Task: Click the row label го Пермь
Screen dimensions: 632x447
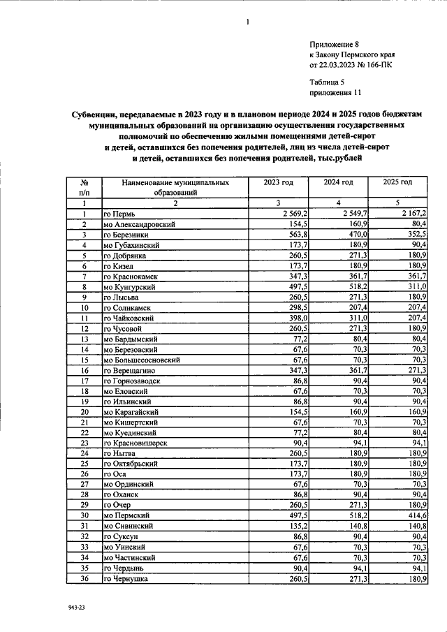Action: (x=124, y=213)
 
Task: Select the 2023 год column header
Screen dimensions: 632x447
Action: (x=278, y=182)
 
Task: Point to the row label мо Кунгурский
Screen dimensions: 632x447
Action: (x=131, y=287)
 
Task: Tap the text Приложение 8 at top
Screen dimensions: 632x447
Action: (x=335, y=43)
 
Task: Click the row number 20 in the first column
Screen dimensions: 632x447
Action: (x=84, y=412)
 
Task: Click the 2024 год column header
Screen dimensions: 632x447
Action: (x=338, y=182)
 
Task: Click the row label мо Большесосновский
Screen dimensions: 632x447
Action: (x=142, y=360)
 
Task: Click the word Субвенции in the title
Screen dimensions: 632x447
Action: (x=94, y=113)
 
